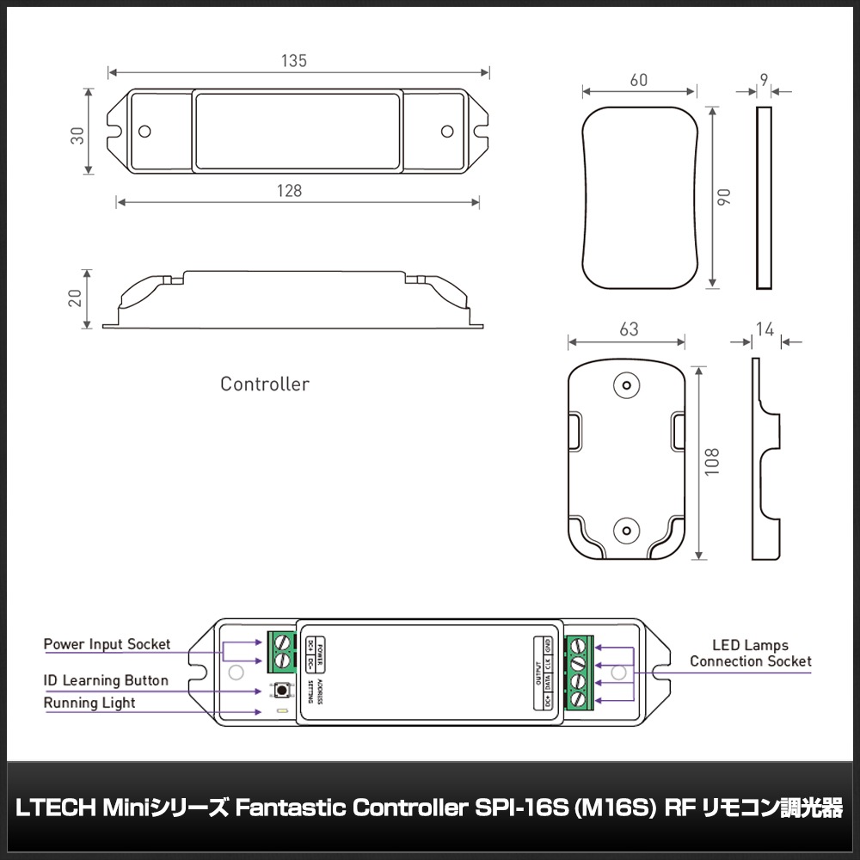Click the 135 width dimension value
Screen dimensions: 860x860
coord(294,61)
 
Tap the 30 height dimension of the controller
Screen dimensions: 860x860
coord(77,135)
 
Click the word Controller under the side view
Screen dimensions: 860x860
coord(264,384)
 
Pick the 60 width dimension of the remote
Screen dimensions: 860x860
coord(639,80)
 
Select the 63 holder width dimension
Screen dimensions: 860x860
coord(629,330)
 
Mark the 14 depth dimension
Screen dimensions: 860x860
coord(764,329)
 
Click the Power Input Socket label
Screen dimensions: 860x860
coord(107,644)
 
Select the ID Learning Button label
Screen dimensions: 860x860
coord(106,680)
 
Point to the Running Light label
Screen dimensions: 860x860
coord(89,703)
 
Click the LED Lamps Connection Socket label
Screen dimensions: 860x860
coord(750,653)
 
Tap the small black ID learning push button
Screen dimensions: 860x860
coord(282,690)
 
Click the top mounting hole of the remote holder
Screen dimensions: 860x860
coord(627,384)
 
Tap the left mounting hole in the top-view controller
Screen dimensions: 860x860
coord(145,131)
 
